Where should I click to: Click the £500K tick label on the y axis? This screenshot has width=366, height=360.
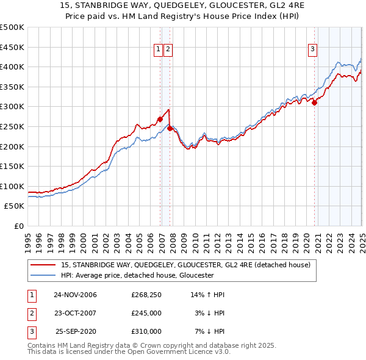pyautogui.click(x=12, y=27)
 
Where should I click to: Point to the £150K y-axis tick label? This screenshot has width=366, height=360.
pyautogui.click(x=12, y=166)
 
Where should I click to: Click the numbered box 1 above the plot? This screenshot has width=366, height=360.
pyautogui.click(x=158, y=50)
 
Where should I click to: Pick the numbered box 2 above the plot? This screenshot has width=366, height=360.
pyautogui.click(x=168, y=50)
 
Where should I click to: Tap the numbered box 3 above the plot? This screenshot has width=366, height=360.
pyautogui.click(x=312, y=50)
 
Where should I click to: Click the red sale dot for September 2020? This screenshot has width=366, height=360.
pyautogui.click(x=315, y=103)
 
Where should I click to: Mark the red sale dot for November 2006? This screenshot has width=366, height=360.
pyautogui.click(x=160, y=119)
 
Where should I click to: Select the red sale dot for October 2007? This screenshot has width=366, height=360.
pyautogui.click(x=170, y=128)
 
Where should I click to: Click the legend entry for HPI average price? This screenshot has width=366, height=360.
pyautogui.click(x=137, y=275)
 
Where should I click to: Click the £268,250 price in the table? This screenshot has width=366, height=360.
pyautogui.click(x=146, y=295)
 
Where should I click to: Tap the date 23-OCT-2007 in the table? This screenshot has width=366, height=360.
pyautogui.click(x=76, y=313)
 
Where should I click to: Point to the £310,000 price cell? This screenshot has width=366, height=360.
pyautogui.click(x=146, y=331)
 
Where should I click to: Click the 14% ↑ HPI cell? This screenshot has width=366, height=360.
pyautogui.click(x=208, y=295)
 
